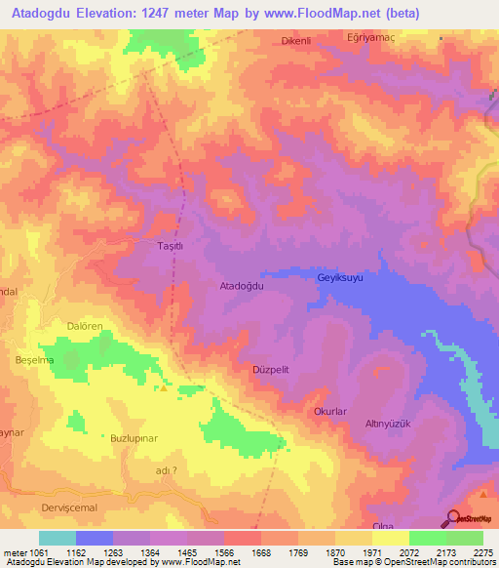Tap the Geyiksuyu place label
pyautogui.click(x=340, y=278)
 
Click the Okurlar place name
pyautogui.click(x=329, y=412)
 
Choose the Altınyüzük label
pyautogui.click(x=388, y=424)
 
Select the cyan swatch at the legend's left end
pyautogui.click(x=58, y=538)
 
